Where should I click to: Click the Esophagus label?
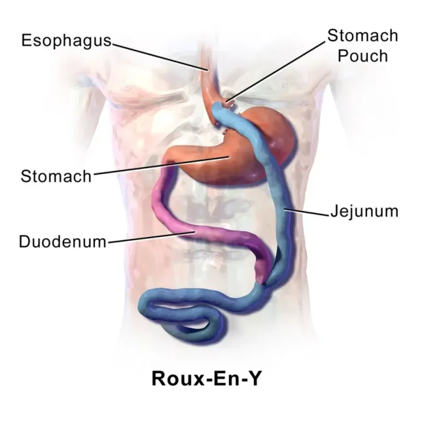(66, 41)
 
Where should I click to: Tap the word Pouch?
(363, 56)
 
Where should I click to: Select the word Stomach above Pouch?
(363, 35)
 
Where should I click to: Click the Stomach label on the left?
(56, 176)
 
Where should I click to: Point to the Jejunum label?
(364, 211)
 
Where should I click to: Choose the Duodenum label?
(62, 241)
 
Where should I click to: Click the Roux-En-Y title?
(207, 378)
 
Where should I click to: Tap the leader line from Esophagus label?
(160, 57)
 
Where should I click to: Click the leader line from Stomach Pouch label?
(275, 72)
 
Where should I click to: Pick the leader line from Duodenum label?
(152, 237)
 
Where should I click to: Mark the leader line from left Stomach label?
(162, 166)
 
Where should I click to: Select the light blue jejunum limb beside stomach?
(274, 174)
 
